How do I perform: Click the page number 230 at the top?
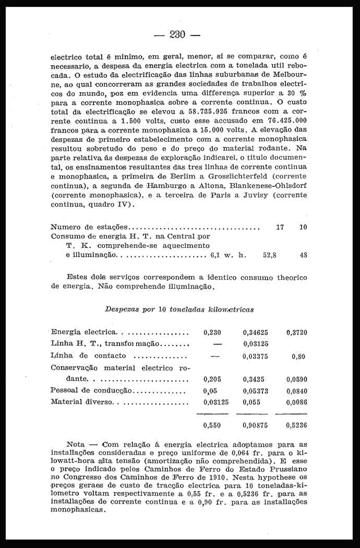177,35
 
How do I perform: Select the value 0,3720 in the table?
296,332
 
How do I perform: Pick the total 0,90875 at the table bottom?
255,425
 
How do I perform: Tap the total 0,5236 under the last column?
296,425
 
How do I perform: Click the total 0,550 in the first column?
212,425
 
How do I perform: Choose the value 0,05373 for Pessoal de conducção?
255,391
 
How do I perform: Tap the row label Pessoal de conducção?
91,390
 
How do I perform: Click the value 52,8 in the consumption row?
270,255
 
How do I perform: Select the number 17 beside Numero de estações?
280,228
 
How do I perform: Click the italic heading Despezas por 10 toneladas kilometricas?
179,309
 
